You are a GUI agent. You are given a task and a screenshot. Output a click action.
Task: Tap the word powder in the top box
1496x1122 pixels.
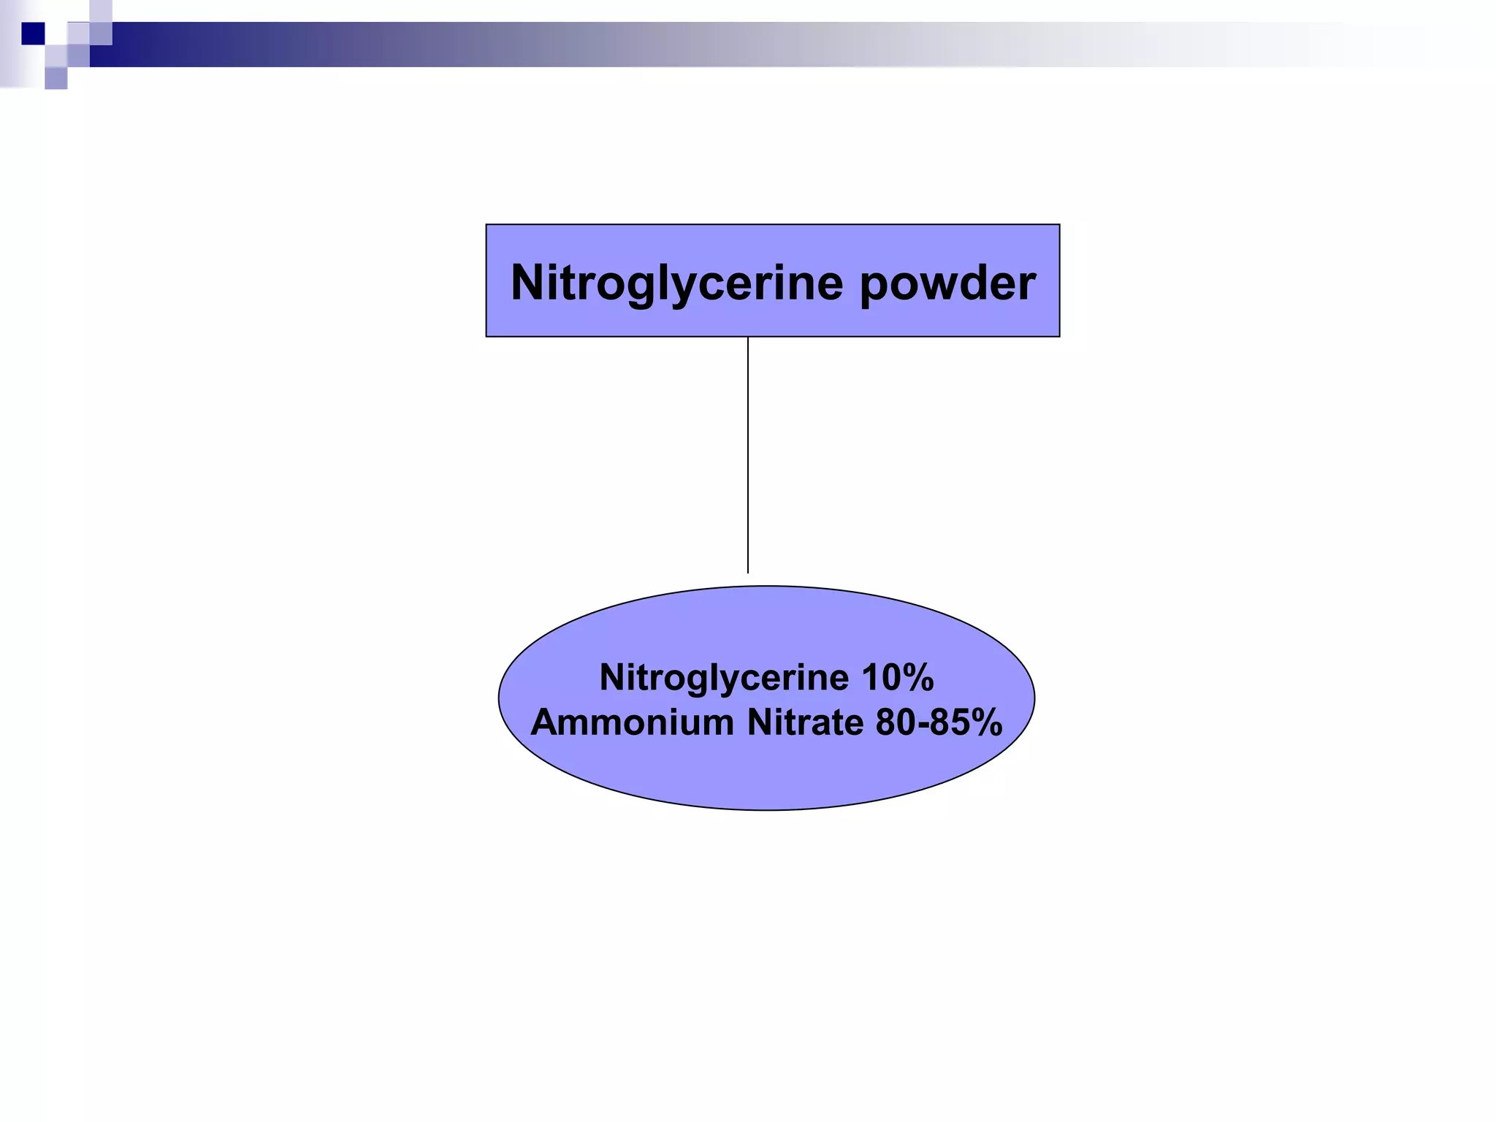pyautogui.click(x=947, y=283)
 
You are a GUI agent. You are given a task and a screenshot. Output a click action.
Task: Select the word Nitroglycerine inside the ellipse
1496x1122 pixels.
pyautogui.click(x=725, y=678)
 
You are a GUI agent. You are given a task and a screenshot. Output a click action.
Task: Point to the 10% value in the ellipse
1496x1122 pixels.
pyautogui.click(x=898, y=678)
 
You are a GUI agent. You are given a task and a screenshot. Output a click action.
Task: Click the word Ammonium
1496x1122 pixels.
pyautogui.click(x=632, y=722)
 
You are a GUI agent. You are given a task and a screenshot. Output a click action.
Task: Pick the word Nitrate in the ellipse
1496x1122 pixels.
pyautogui.click(x=805, y=722)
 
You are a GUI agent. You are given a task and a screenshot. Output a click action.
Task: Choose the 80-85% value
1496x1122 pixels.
pyautogui.click(x=939, y=722)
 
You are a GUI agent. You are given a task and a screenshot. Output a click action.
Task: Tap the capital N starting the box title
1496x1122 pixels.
pyautogui.click(x=527, y=282)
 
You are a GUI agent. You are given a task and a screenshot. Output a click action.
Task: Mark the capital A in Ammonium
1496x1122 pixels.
pyautogui.click(x=545, y=722)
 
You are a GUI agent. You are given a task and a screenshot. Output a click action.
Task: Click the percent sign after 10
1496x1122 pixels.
pyautogui.click(x=920, y=678)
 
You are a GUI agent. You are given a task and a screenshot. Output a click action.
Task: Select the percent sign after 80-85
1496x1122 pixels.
pyautogui.click(x=988, y=722)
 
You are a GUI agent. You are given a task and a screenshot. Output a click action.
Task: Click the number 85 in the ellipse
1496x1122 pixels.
pyautogui.click(x=951, y=722)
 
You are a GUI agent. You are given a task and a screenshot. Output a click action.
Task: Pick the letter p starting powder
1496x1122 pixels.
pyautogui.click(x=873, y=286)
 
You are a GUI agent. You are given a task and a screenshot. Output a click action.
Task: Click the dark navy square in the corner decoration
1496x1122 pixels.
pyautogui.click(x=33, y=34)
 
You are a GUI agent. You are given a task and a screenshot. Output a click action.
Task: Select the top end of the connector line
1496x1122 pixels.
pyautogui.click(x=748, y=340)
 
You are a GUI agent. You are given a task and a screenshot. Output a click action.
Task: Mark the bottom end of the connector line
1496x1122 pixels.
pyautogui.click(x=748, y=570)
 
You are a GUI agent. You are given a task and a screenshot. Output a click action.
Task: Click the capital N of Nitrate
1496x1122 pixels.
pyautogui.click(x=760, y=722)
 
